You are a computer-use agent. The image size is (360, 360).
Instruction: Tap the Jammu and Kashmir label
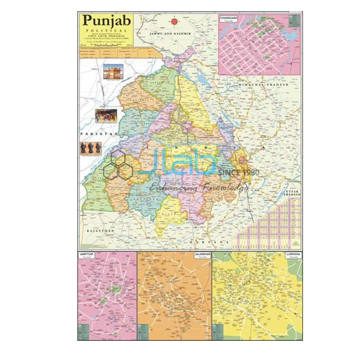pyautogui.click(x=166, y=35)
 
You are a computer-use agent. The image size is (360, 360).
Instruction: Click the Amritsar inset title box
pyautogui.click(x=88, y=256)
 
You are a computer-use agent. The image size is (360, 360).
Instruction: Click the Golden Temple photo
pyautogui.click(x=113, y=72)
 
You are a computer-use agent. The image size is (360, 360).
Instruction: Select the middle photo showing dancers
pyautogui.click(x=106, y=115)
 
